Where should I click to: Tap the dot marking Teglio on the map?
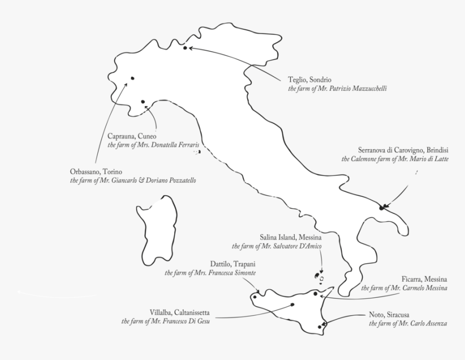click(185, 48)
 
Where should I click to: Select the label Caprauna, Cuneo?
click(131, 137)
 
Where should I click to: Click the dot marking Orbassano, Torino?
click(132, 78)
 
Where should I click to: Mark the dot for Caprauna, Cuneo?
click(142, 102)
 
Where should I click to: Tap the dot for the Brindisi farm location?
click(382, 207)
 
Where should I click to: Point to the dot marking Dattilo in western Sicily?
click(254, 297)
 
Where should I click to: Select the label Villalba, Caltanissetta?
click(179, 312)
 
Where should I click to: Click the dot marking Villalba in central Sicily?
click(293, 304)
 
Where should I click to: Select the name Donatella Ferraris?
click(172, 145)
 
